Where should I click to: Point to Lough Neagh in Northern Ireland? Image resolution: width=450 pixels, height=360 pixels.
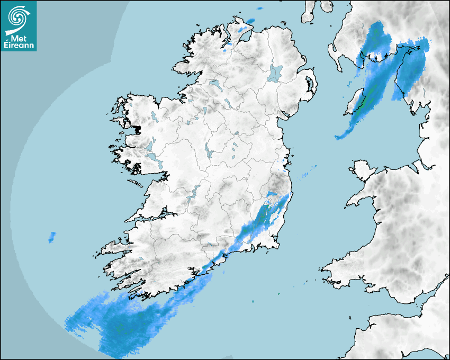(x=275, y=73)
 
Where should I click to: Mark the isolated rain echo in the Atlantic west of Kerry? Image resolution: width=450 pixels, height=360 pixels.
(x=52, y=237)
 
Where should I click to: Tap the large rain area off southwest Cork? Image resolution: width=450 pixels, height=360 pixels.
(x=122, y=323)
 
